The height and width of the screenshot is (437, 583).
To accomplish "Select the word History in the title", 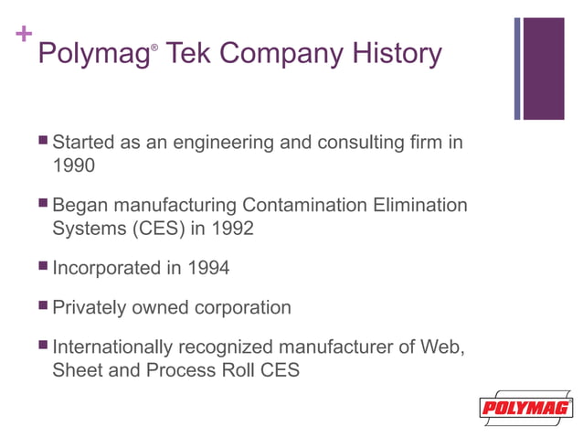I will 398,54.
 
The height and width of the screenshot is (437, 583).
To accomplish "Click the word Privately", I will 90,307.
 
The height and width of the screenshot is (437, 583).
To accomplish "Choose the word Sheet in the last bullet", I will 77,371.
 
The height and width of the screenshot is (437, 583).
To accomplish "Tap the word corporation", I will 242,307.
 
